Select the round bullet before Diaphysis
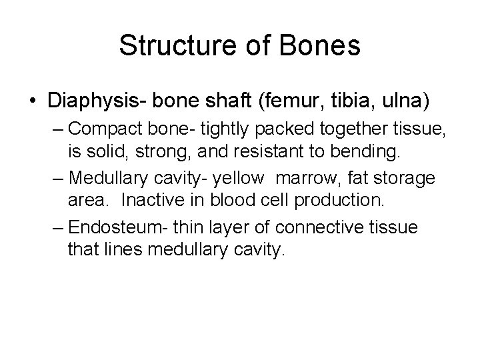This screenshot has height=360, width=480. pyautogui.click(x=33, y=102)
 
